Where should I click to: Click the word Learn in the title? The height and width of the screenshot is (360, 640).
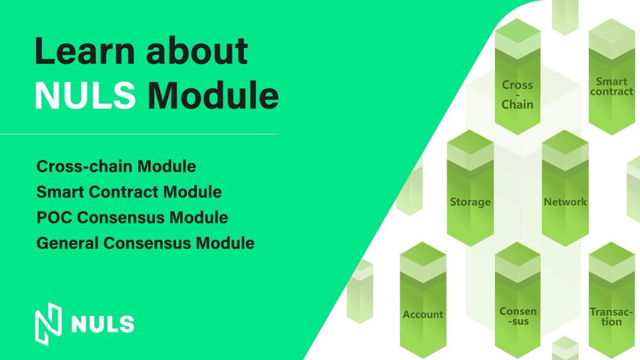85,51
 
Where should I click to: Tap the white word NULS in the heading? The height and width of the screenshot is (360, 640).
85,95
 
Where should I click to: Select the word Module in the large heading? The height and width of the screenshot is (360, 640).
213,95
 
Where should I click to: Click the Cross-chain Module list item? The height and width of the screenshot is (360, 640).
117,166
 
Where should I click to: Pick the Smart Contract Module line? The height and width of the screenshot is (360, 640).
129,192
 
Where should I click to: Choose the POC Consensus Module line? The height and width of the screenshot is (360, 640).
132,218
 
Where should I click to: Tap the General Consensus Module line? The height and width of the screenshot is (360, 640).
145,243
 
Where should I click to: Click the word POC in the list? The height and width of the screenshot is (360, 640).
54,218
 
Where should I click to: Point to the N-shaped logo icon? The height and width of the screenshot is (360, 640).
48,324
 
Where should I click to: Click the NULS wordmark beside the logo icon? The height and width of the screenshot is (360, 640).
102,324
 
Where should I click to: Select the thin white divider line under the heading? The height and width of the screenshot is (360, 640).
139,134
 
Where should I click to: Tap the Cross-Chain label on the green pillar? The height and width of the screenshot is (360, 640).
517,95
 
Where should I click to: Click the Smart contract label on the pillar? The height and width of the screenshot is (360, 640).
612,87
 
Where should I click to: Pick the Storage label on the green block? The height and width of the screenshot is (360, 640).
470,202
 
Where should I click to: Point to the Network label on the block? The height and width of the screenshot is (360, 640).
565,201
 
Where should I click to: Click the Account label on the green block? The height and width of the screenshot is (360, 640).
423,314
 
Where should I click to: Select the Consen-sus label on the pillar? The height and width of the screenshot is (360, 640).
518,317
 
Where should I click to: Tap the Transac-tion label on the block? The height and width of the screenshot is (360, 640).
611,317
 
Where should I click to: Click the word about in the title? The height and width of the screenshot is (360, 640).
197,51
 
